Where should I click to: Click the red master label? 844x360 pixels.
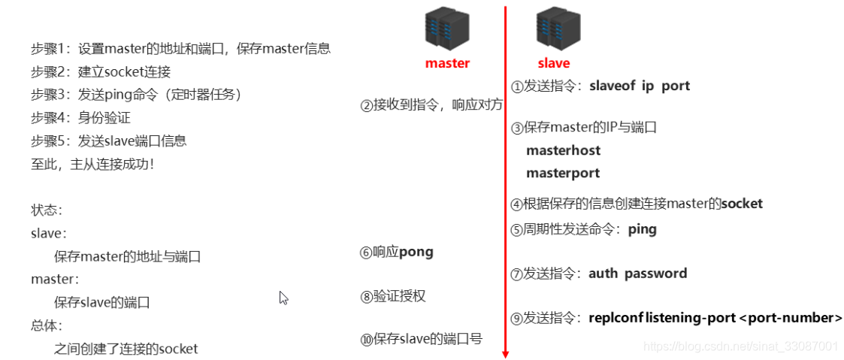pyautogui.click(x=447, y=63)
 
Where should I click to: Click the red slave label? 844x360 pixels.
pyautogui.click(x=554, y=63)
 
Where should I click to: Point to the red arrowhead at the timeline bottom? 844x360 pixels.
pyautogui.click(x=505, y=352)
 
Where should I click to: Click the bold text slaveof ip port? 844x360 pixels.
pyautogui.click(x=640, y=86)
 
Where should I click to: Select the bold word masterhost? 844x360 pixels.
pyautogui.click(x=563, y=150)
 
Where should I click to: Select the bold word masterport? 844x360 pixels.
pyautogui.click(x=563, y=173)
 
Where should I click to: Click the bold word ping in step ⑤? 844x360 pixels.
pyautogui.click(x=642, y=229)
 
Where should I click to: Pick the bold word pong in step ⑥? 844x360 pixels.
pyautogui.click(x=416, y=252)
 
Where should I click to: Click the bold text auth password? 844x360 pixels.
pyautogui.click(x=637, y=274)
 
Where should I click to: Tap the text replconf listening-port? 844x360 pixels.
pyautogui.click(x=662, y=318)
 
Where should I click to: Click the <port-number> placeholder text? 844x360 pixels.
pyautogui.click(x=791, y=318)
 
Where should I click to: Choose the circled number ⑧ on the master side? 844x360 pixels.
pyautogui.click(x=367, y=297)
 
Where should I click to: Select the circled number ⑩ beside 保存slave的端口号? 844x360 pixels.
pyautogui.click(x=367, y=340)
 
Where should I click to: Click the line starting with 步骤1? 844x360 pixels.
pyautogui.click(x=180, y=49)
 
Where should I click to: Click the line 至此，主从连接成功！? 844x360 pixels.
pyautogui.click(x=92, y=164)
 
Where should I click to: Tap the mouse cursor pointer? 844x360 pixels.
pyautogui.click(x=283, y=298)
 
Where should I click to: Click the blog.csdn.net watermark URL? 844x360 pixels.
pyautogui.click(x=741, y=346)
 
